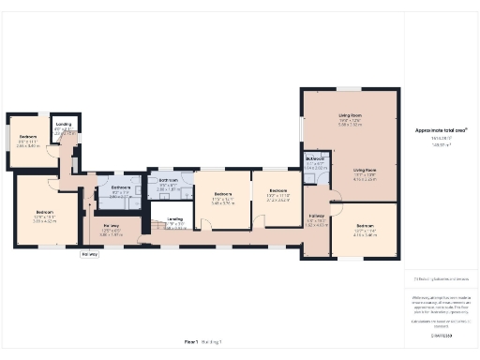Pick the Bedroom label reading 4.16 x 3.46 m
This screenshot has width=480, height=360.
pos(364,230)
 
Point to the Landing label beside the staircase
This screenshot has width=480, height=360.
pos(174,222)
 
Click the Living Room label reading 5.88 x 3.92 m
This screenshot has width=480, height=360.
pos(350,119)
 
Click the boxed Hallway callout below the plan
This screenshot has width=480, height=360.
pos(89,254)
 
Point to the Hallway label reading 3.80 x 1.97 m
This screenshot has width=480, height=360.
pos(111,229)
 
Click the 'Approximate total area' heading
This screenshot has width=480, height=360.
pos(440,129)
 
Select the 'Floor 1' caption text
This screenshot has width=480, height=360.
pos(191,342)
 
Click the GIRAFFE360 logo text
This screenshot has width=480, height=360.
pos(440,335)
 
